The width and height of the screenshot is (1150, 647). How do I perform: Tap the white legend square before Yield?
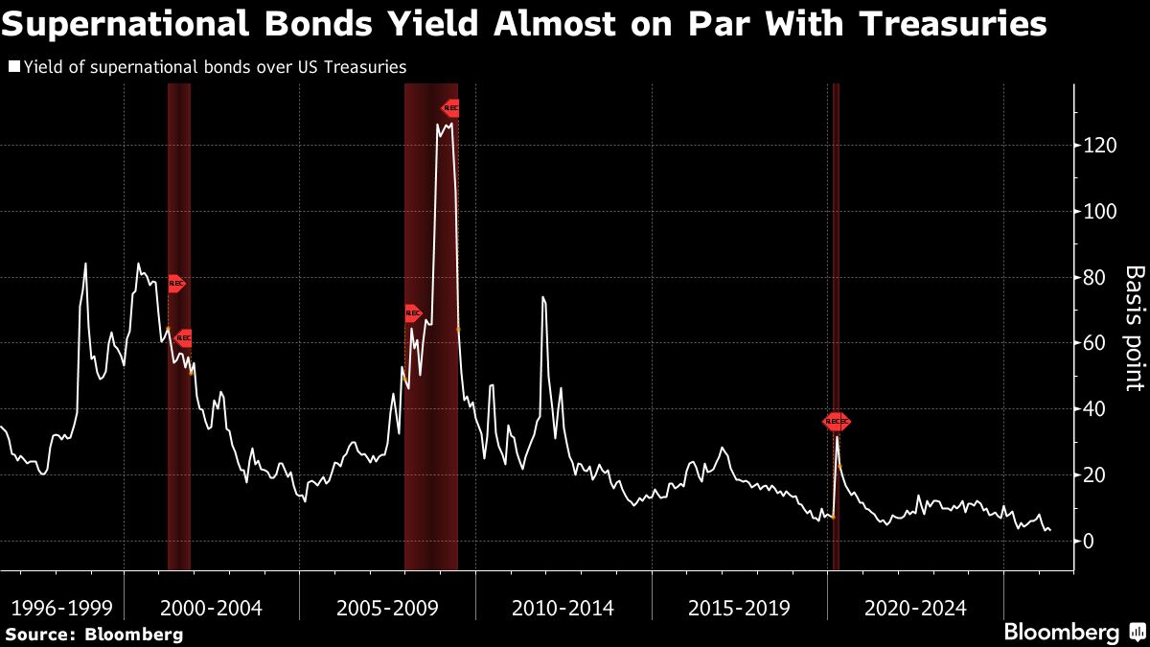14,67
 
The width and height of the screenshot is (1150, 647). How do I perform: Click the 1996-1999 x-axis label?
61,608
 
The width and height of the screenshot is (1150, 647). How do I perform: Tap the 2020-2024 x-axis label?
915,608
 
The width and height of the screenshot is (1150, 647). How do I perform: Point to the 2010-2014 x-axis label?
563,608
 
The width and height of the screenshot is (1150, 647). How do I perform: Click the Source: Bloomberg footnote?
94,634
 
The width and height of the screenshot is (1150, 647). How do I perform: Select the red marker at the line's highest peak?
450,108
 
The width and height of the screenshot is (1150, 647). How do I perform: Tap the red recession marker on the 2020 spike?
837,422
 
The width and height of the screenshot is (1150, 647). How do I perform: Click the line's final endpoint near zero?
1049,529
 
